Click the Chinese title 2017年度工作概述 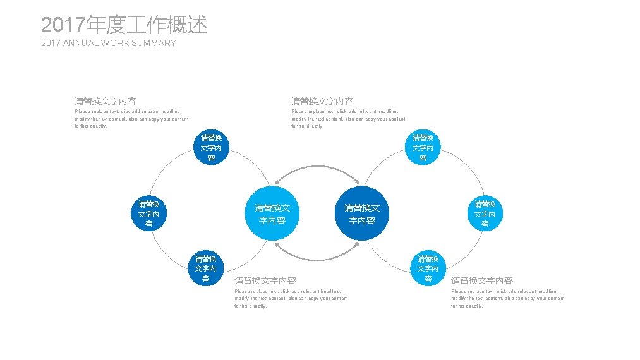(124, 25)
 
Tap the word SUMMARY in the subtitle (155, 43)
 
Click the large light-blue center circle (272, 213)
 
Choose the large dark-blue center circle (362, 213)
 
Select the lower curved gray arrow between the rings (317, 258)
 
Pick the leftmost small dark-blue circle (148, 213)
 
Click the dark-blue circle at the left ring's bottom (206, 268)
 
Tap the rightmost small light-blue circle (485, 213)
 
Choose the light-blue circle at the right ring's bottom (428, 268)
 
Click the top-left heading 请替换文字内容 (106, 101)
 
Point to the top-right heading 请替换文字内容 (322, 101)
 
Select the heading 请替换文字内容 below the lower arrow (265, 280)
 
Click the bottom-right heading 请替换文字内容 (482, 280)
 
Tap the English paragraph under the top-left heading (131, 119)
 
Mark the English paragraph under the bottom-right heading (507, 298)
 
